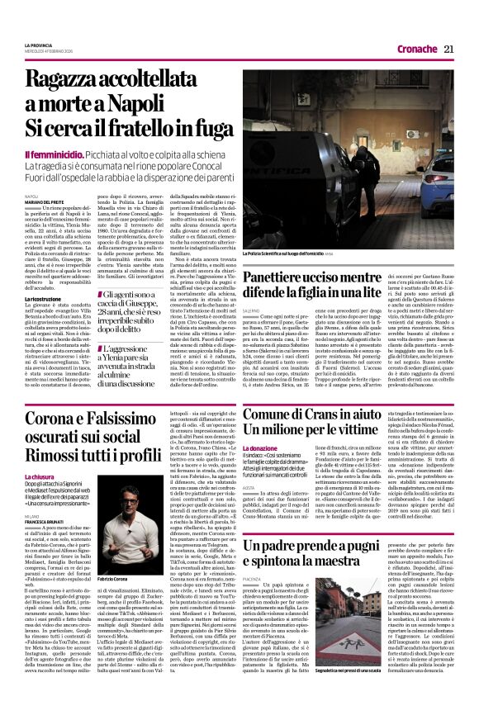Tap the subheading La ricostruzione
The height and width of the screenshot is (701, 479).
tap(42, 297)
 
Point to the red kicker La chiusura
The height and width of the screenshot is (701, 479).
tap(40, 476)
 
